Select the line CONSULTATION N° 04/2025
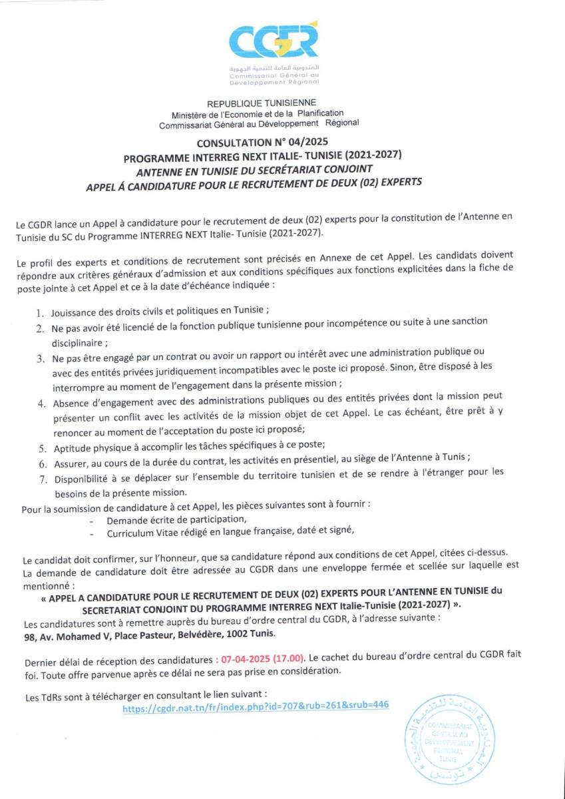(x=263, y=142)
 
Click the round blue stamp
(x=446, y=740)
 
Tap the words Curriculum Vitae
(x=140, y=532)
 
